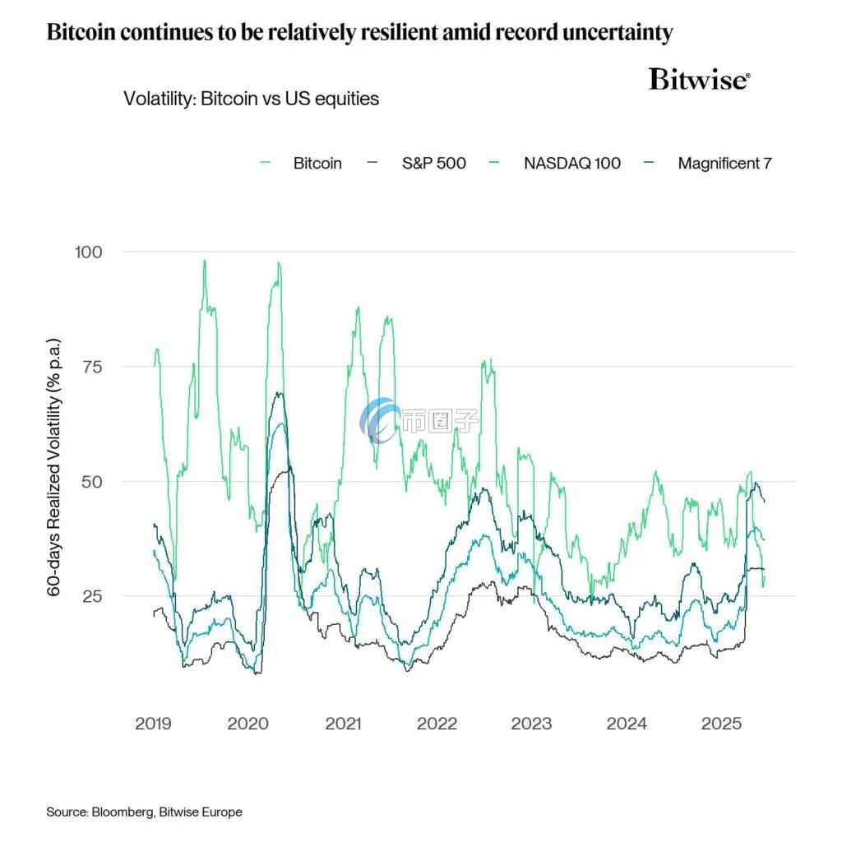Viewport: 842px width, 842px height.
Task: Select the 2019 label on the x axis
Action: (x=153, y=724)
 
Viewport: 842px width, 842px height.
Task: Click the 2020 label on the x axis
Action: (x=248, y=724)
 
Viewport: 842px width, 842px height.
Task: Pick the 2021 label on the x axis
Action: (x=343, y=724)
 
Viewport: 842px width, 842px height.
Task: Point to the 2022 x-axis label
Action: (x=437, y=724)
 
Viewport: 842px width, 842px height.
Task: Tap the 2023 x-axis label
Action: (x=532, y=724)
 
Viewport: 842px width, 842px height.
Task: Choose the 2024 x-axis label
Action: (x=627, y=724)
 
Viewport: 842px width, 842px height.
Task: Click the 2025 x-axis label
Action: (x=721, y=724)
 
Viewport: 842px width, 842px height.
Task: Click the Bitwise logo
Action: (x=699, y=80)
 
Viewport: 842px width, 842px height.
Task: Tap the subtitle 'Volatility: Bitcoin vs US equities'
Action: (x=251, y=99)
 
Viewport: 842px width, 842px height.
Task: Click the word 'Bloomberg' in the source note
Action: (x=124, y=812)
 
